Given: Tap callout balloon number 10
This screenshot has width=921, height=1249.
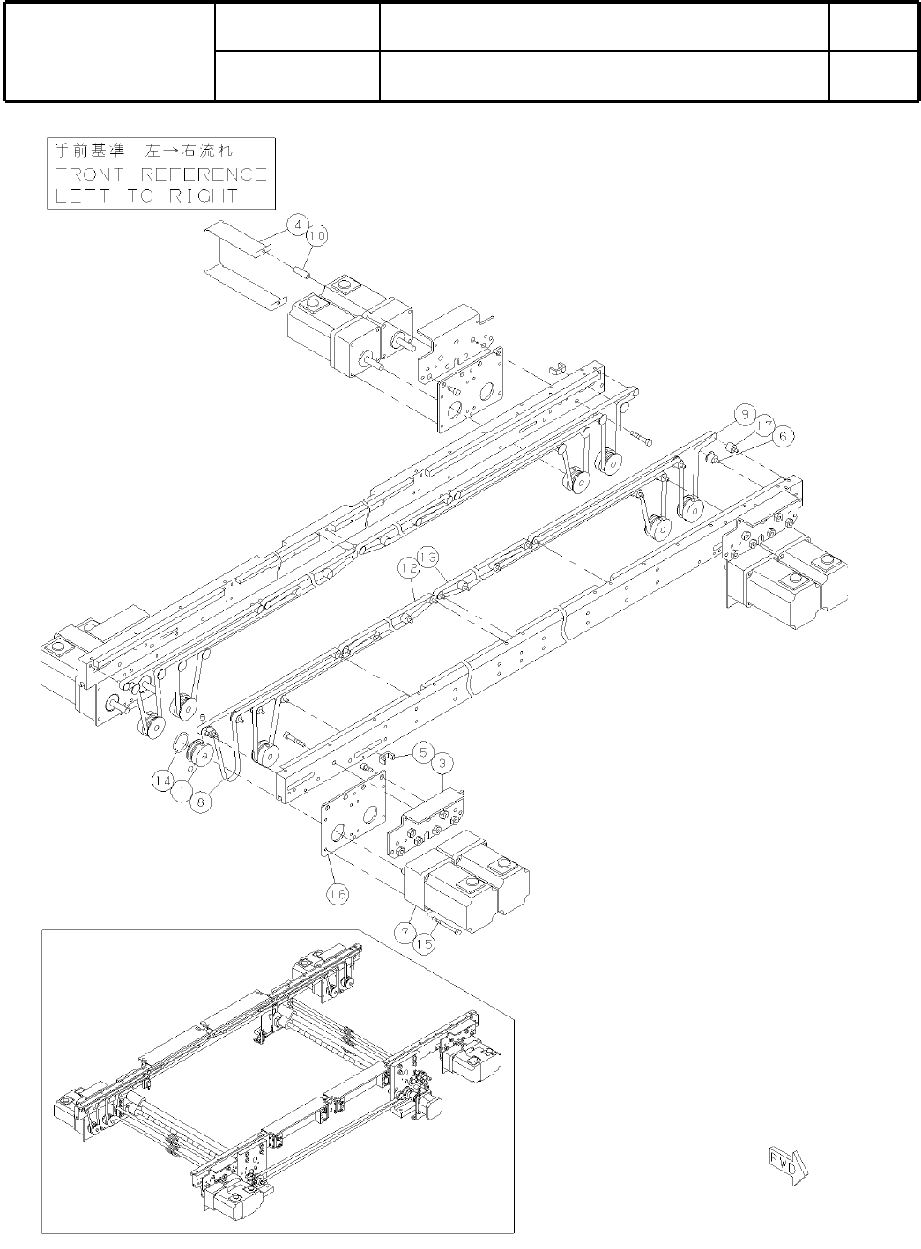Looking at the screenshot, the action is point(316,236).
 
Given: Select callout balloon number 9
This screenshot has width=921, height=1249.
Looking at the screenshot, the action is point(745,412).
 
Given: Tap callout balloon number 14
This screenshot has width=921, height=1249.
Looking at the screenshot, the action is point(162,780).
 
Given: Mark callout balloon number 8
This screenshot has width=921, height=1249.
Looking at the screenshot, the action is point(204,802).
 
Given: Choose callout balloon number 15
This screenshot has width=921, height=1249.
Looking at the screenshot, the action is point(426,943).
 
